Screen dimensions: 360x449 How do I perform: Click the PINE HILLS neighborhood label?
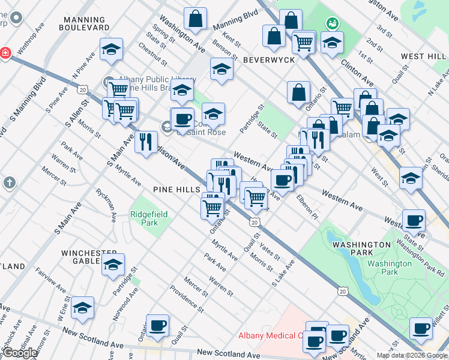coord(176,190)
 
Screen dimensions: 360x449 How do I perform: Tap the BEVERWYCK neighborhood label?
coord(269,61)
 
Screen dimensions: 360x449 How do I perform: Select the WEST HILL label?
coord(423,56)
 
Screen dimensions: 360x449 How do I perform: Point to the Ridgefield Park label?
coord(144,218)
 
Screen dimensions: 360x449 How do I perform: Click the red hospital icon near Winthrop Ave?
coord(5,53)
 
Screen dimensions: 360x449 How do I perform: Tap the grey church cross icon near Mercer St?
coord(9,182)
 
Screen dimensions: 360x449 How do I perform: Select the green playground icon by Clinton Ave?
coord(332,23)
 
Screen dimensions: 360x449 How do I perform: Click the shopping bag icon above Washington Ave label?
coord(196,19)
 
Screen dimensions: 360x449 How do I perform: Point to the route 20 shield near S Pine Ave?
coord(82,89)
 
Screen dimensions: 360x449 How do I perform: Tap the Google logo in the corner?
coord(19,353)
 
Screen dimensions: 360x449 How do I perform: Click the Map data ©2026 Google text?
coord(412,355)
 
